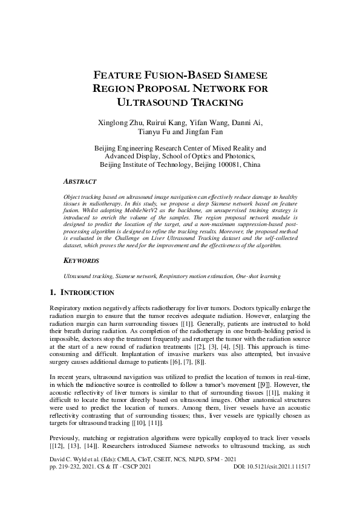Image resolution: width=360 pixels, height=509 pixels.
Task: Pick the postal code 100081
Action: [226, 164]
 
